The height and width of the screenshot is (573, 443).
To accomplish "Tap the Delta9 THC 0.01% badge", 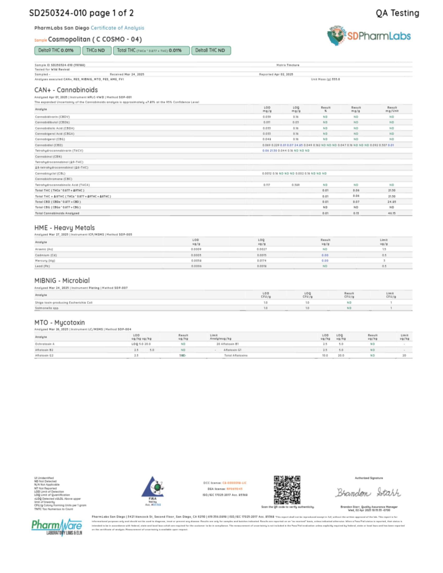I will pyautogui.click(x=57, y=50).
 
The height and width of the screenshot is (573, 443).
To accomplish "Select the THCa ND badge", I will pyautogui.click(x=97, y=50).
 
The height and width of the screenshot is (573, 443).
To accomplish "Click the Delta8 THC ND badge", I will pyautogui.click(x=211, y=50).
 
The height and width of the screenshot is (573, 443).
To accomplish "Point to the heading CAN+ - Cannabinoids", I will pyautogui.click(x=66, y=90).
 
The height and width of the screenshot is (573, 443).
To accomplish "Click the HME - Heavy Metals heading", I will pyautogui.click(x=64, y=228).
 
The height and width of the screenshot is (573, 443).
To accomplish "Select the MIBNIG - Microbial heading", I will pyautogui.click(x=62, y=281).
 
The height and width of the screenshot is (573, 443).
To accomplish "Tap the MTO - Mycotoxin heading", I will pyautogui.click(x=59, y=322).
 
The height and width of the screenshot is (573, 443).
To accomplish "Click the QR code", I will pyautogui.click(x=287, y=490).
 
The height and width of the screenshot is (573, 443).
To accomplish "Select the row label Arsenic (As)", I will pyautogui.click(x=44, y=249).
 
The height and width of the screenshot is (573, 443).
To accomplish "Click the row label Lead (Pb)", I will pyautogui.click(x=42, y=266).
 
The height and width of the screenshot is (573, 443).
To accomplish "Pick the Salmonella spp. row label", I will pyautogui.click(x=47, y=308).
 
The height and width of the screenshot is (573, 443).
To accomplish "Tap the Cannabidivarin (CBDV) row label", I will pyautogui.click(x=52, y=117).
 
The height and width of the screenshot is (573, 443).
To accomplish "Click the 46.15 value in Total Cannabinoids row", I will pyautogui.click(x=392, y=213).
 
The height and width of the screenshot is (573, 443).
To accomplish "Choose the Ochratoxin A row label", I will pyautogui.click(x=45, y=344).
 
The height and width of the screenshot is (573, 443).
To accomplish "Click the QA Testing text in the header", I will pyautogui.click(x=397, y=13).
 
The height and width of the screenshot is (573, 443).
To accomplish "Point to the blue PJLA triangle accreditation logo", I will pyautogui.click(x=153, y=488).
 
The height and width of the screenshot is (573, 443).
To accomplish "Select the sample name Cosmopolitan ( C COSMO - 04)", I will pyautogui.click(x=95, y=39).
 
